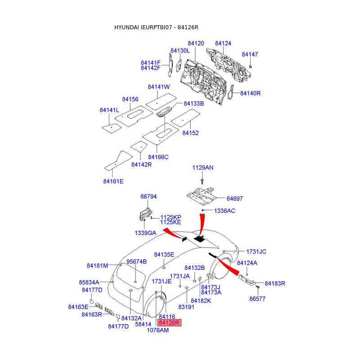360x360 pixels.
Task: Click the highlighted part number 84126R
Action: point(169,322)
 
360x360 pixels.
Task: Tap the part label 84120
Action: point(196,44)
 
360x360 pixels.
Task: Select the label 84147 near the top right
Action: point(250,54)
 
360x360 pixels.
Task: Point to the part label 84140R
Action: point(250,93)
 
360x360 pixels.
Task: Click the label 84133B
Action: point(194,103)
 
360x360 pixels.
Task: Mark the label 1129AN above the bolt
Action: point(203,167)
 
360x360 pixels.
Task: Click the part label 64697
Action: point(234,198)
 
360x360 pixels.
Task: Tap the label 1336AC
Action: point(225,211)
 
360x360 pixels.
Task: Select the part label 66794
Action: point(148,197)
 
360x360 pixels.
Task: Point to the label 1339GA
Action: point(145,233)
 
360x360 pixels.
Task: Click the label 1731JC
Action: point(256,252)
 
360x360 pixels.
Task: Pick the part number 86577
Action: point(257,298)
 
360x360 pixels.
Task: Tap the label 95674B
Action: point(136,261)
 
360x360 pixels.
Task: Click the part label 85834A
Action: point(89,282)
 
